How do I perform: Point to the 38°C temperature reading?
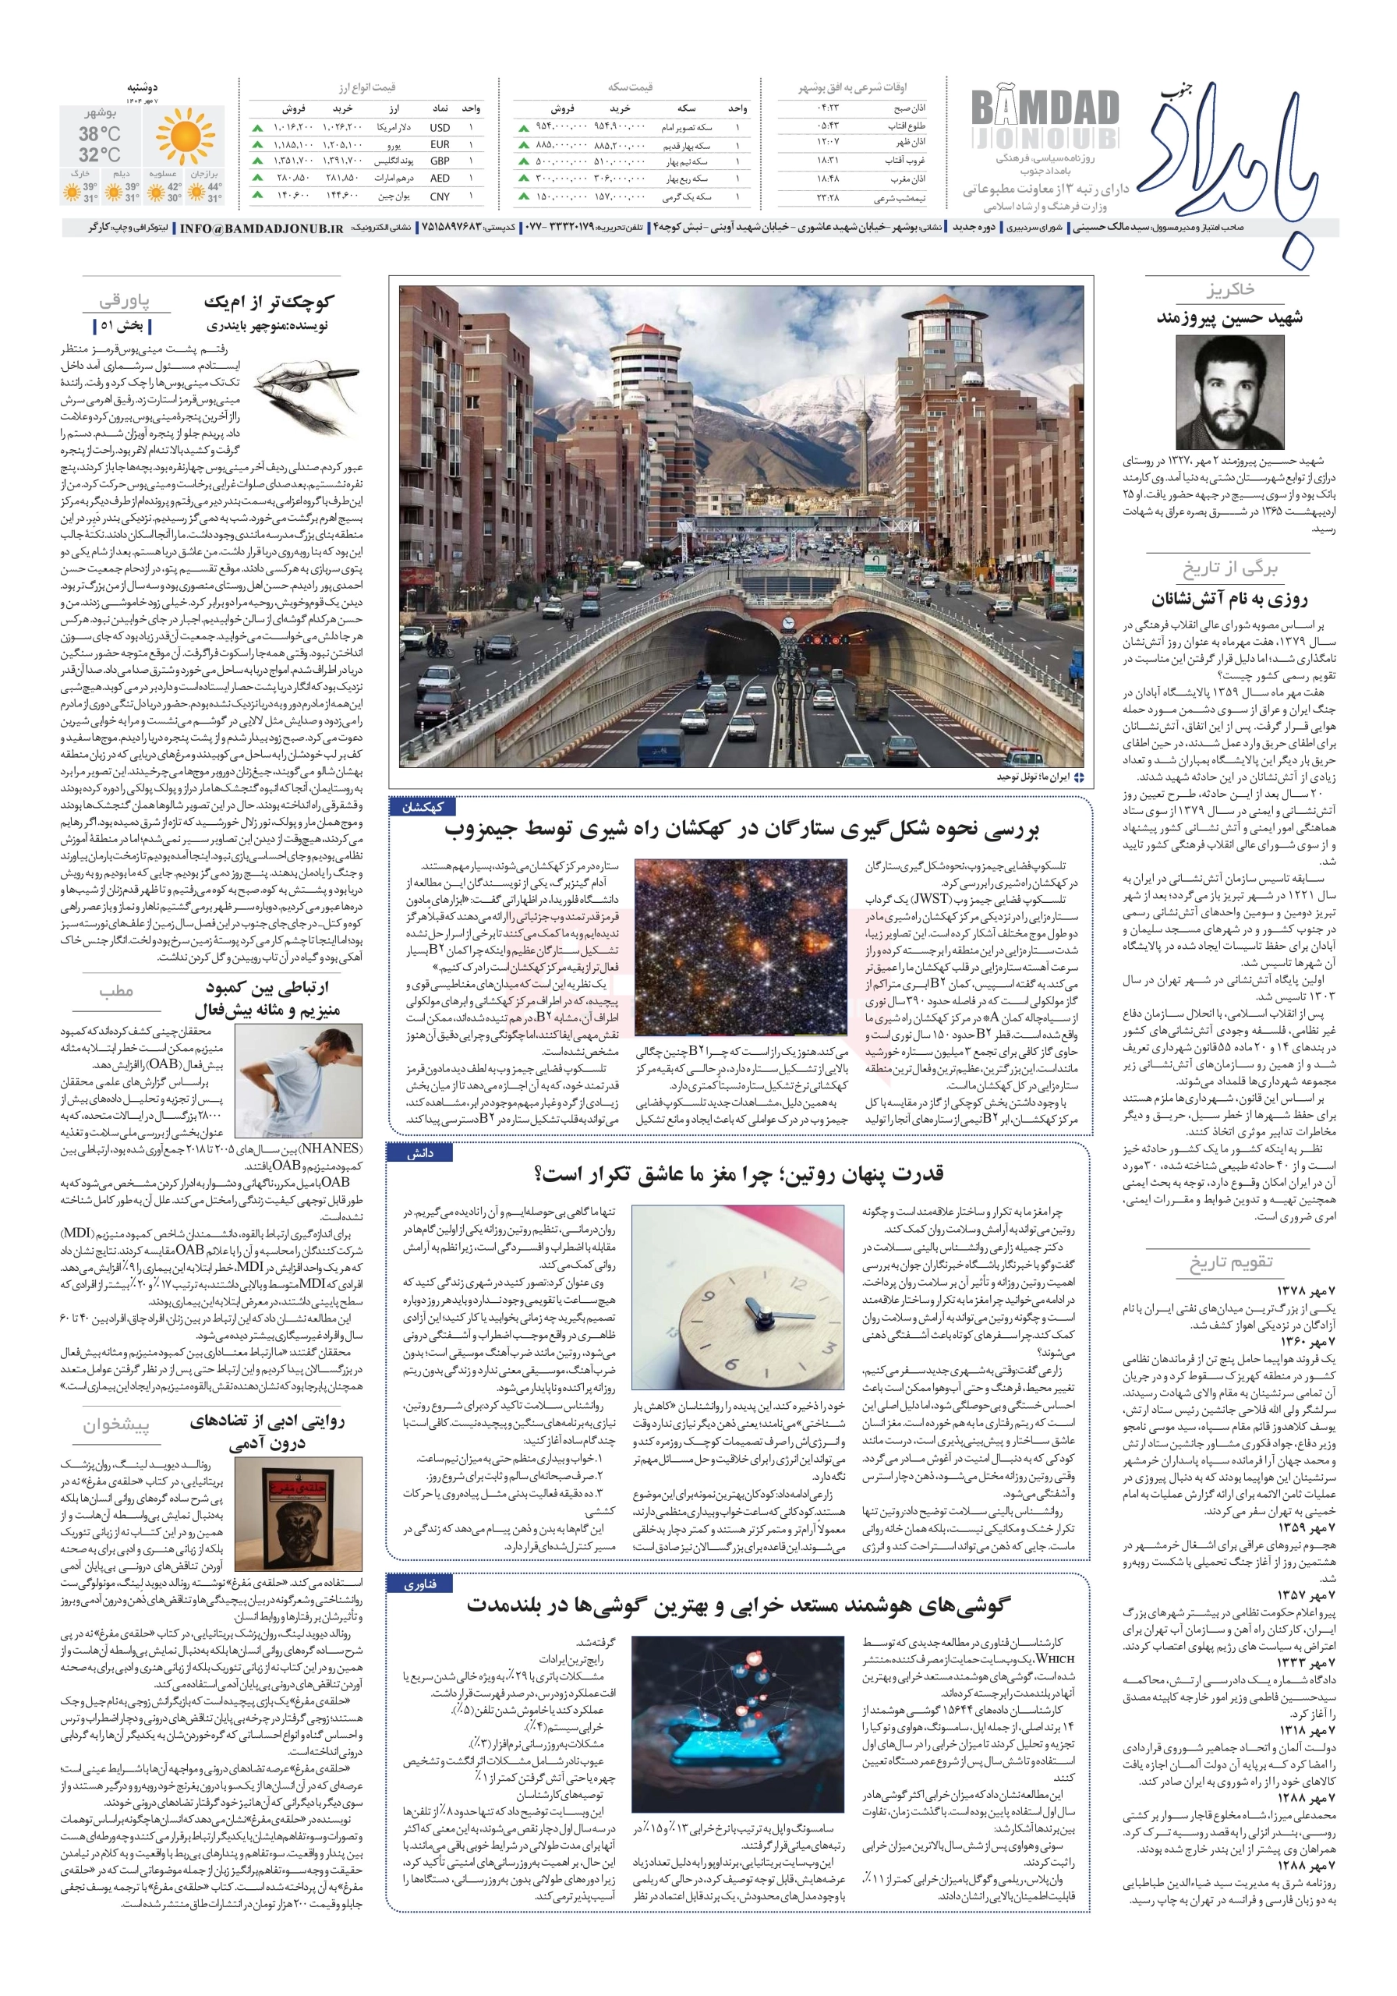point(100,134)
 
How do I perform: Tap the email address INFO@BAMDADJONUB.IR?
point(261,228)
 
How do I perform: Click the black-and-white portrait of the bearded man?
point(1229,392)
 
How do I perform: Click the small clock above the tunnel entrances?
point(787,622)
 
